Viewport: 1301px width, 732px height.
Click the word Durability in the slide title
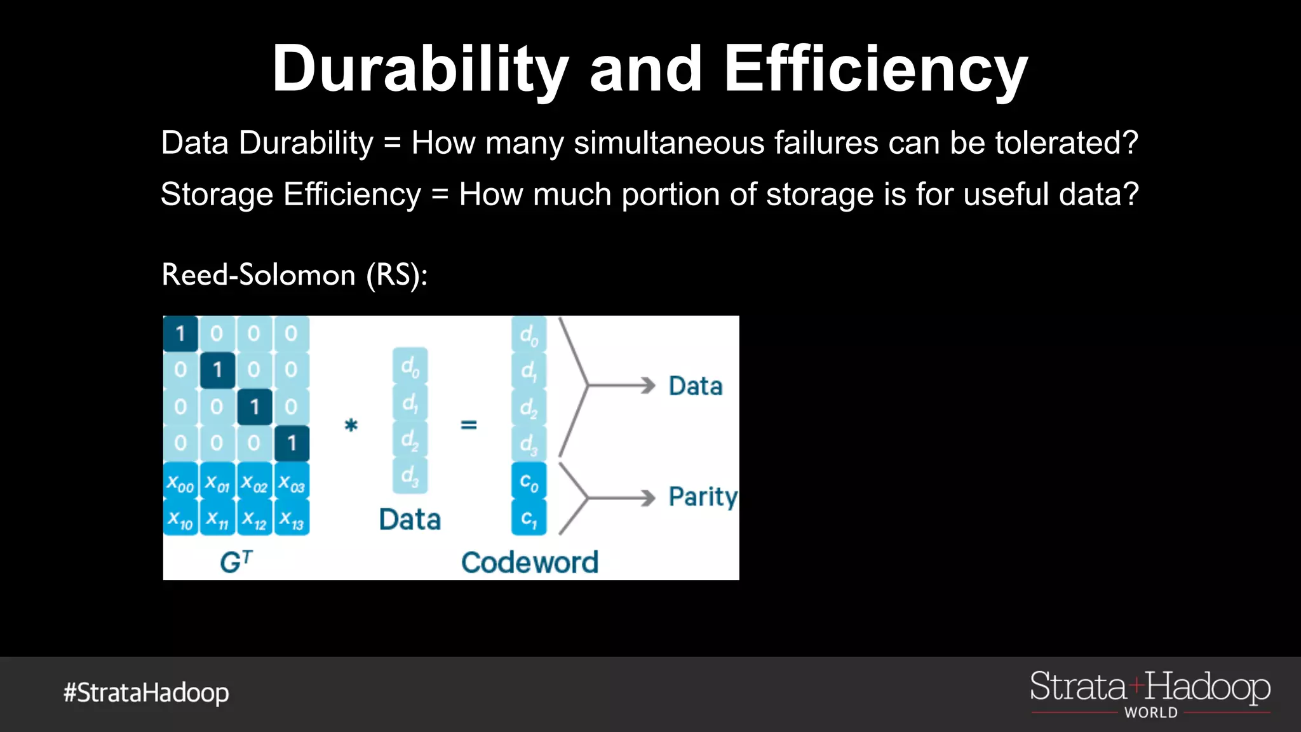(420, 70)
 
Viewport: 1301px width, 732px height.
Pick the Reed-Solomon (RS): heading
(295, 275)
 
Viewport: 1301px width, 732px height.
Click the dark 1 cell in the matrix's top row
(180, 334)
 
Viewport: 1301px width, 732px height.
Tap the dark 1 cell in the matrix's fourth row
(292, 443)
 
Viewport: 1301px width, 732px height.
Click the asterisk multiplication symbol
(351, 424)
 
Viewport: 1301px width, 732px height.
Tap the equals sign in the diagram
(469, 424)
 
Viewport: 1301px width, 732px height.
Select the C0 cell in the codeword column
(529, 482)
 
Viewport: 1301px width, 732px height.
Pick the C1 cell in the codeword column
(529, 518)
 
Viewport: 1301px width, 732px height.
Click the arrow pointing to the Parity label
(623, 498)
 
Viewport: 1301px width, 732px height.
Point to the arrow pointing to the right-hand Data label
(623, 386)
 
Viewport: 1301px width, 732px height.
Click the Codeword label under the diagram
(529, 562)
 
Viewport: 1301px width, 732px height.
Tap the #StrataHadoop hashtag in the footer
(146, 693)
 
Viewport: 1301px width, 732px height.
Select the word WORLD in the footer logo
(1150, 713)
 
